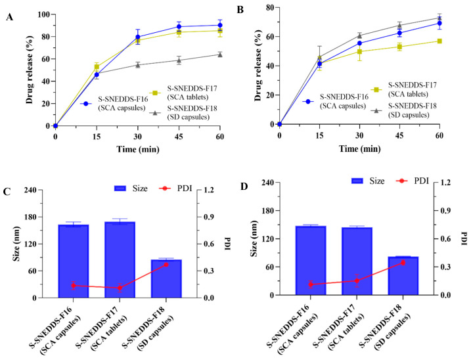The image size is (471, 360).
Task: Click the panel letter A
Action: pos(9,18)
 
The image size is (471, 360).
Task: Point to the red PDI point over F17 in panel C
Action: pos(120,288)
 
